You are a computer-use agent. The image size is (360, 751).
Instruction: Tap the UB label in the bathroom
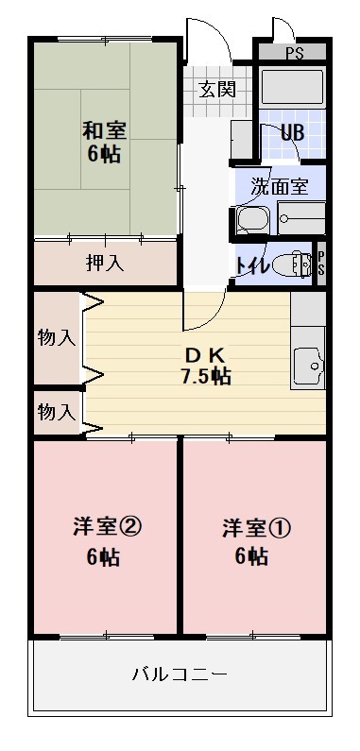[292, 131]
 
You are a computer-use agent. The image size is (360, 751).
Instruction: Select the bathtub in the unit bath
[292, 89]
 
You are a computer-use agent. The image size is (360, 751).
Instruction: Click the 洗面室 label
[280, 186]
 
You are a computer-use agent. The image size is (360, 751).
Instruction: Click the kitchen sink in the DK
[308, 363]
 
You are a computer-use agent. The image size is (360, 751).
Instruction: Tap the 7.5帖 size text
[205, 375]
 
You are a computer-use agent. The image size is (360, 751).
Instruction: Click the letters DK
[204, 354]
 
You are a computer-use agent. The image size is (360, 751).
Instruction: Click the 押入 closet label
[104, 263]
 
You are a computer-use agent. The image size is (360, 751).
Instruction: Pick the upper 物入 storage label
[56, 337]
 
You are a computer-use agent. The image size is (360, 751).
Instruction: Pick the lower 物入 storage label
[56, 412]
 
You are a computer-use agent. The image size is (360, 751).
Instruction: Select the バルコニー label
[180, 674]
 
